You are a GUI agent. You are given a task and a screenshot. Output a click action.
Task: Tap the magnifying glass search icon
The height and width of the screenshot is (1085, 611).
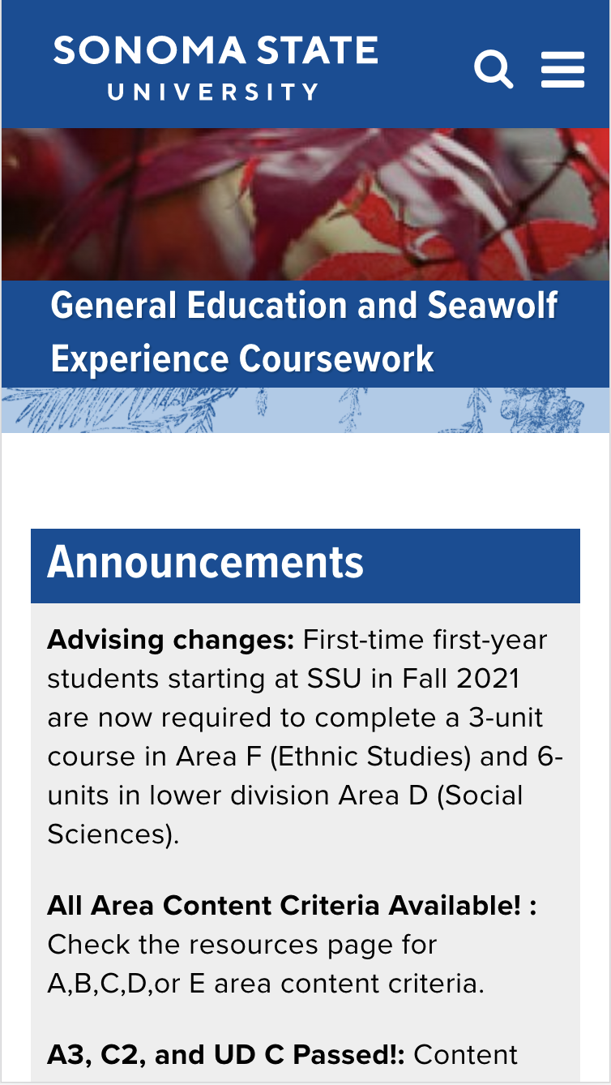[493, 69]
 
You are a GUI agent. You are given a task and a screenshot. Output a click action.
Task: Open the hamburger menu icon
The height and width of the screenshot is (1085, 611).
[562, 69]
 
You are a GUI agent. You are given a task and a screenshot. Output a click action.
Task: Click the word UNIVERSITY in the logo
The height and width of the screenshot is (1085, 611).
[213, 92]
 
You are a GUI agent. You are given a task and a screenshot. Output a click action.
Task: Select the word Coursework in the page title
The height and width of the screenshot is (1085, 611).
[336, 359]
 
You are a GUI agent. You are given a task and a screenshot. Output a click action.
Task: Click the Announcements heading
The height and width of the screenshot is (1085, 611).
[205, 562]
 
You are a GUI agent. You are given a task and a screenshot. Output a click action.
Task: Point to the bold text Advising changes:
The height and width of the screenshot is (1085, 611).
[170, 641]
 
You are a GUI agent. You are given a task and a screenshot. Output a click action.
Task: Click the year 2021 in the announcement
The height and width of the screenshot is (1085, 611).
[488, 678]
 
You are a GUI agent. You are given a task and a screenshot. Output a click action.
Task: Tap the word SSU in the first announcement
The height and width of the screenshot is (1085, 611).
[334, 678]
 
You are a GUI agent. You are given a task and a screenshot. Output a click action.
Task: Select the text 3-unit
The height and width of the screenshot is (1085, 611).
[506, 718]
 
